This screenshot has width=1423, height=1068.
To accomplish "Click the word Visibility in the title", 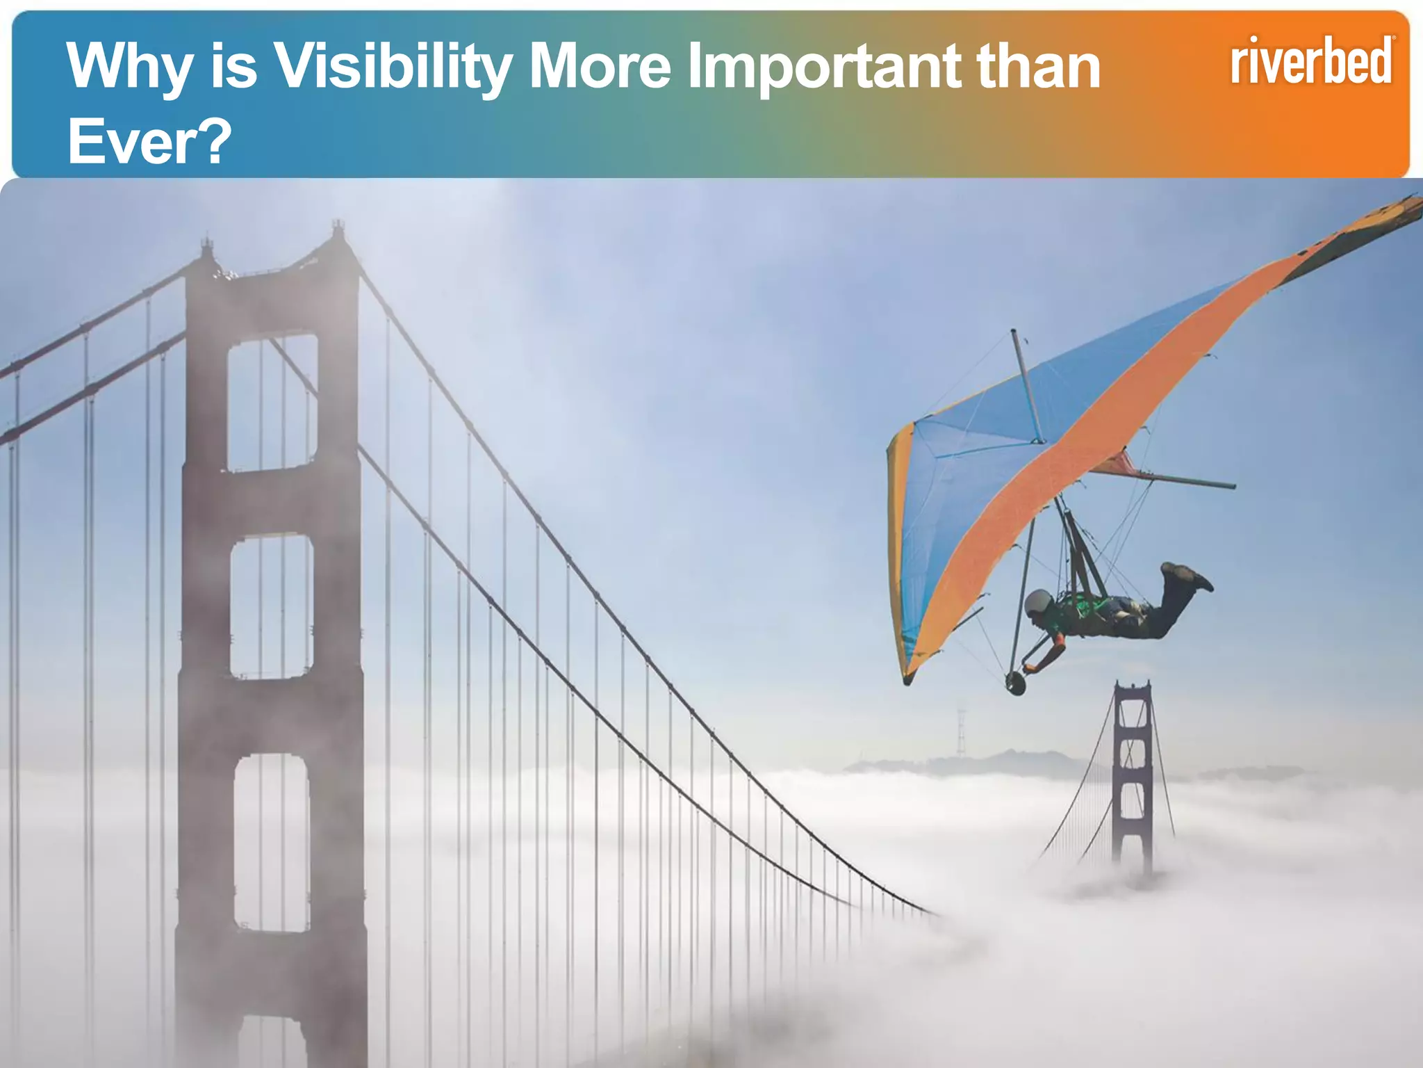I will pyautogui.click(x=393, y=67).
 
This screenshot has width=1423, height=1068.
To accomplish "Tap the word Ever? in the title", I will pyautogui.click(x=149, y=141).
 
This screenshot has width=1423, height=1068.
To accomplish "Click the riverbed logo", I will pyautogui.click(x=1312, y=61).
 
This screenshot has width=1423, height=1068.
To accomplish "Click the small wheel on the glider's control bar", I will pyautogui.click(x=1015, y=683).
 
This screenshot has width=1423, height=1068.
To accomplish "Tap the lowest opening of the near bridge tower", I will pyautogui.click(x=272, y=841).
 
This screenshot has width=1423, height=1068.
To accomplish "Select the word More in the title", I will pyautogui.click(x=600, y=67).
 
